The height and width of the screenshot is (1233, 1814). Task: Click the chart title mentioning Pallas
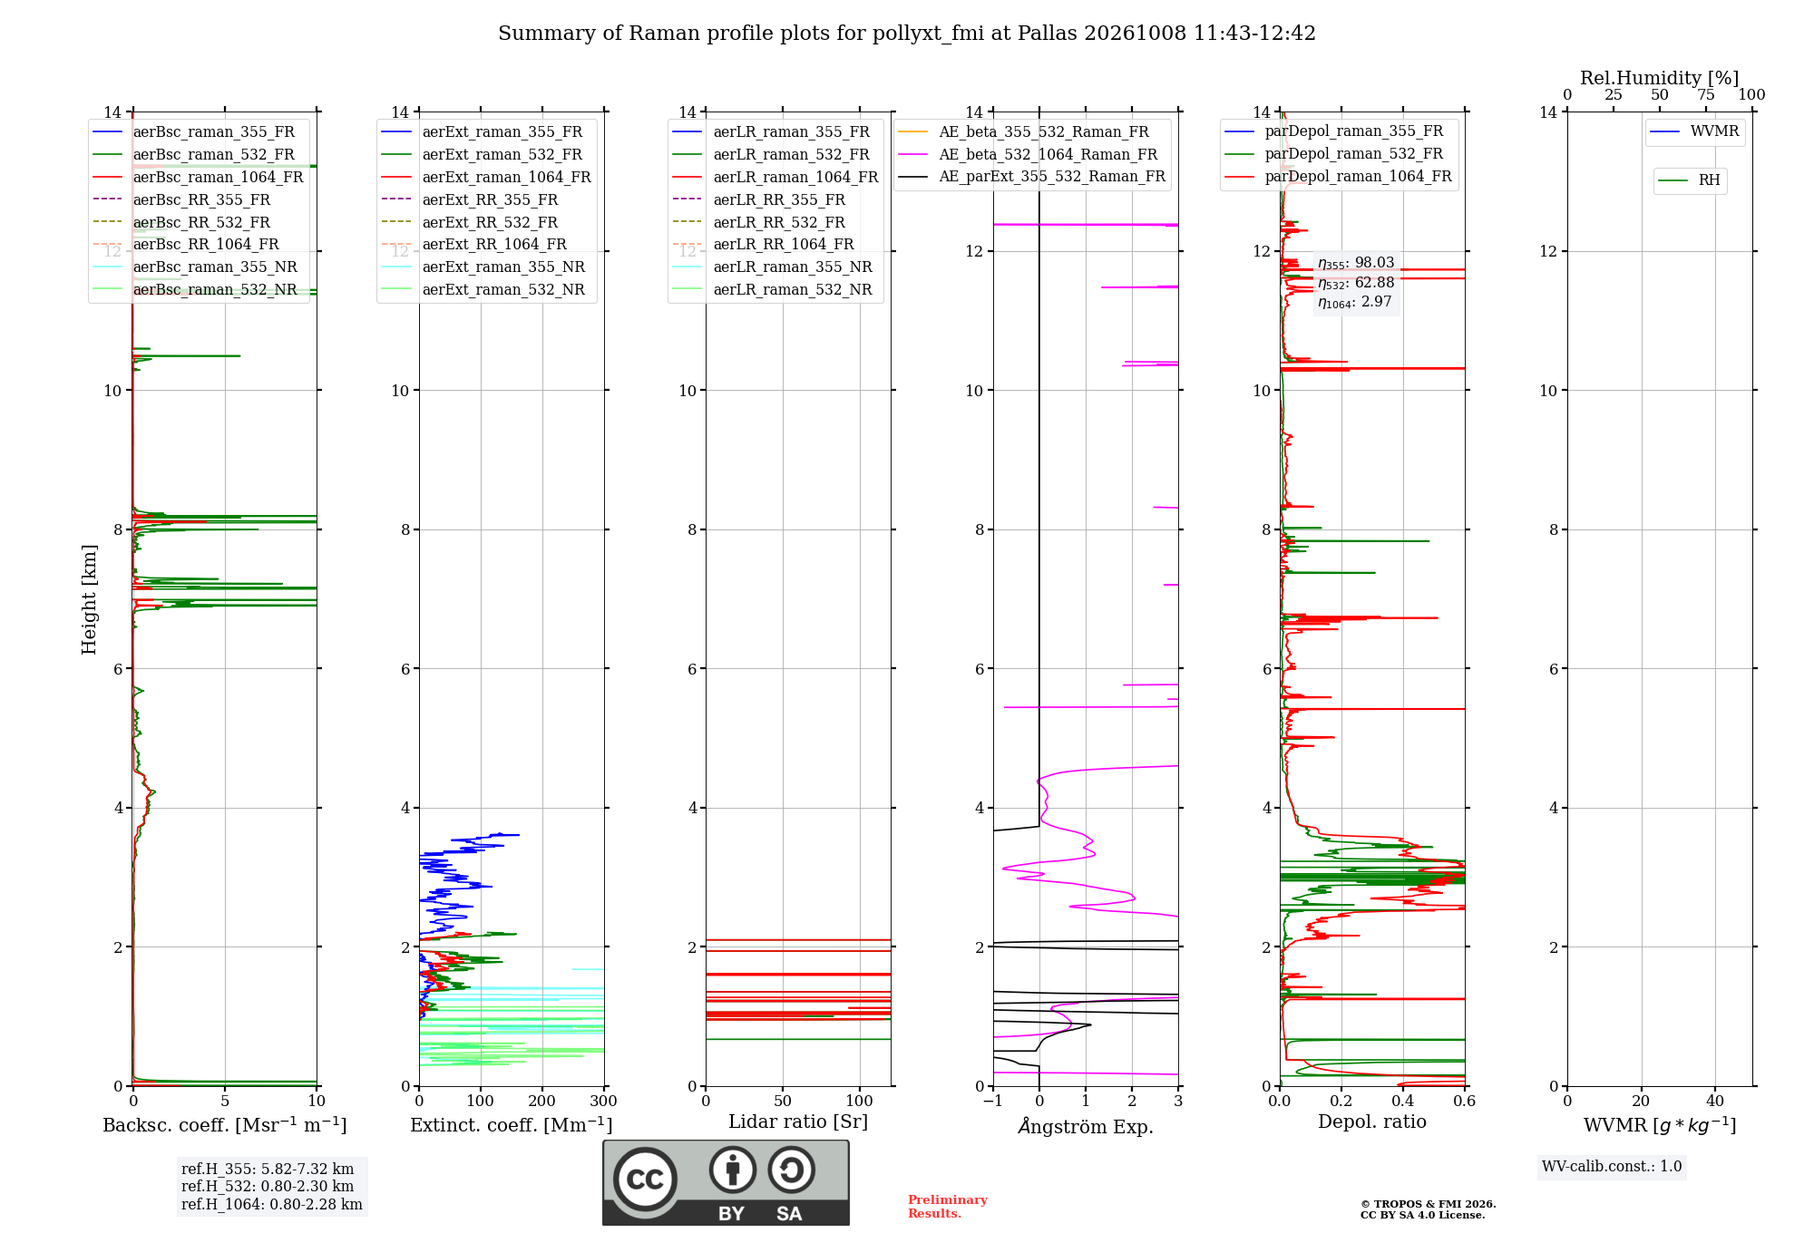tap(907, 34)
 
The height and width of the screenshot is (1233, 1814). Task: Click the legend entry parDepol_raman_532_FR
tap(1334, 154)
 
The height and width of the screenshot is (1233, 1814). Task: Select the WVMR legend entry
tap(1694, 131)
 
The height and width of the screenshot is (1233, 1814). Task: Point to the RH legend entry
tap(1689, 180)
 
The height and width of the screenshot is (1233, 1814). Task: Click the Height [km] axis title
tap(89, 599)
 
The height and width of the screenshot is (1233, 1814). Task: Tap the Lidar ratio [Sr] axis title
tap(798, 1121)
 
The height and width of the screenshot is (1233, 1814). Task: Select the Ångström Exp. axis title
tap(1086, 1126)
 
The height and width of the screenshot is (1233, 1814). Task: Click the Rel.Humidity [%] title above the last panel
tap(1660, 78)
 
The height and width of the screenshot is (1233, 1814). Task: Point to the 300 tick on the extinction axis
tap(603, 1101)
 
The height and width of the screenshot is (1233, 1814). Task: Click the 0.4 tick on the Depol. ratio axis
tap(1403, 1101)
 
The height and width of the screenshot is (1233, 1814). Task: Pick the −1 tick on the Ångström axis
tap(993, 1101)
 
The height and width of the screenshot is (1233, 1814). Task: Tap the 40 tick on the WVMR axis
tap(1715, 1101)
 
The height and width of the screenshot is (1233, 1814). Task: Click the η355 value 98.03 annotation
tap(1356, 263)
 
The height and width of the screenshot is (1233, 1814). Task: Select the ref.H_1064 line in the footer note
tap(272, 1205)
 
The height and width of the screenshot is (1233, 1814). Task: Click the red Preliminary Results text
tap(948, 1207)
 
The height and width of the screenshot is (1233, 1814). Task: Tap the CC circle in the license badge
tap(645, 1180)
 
